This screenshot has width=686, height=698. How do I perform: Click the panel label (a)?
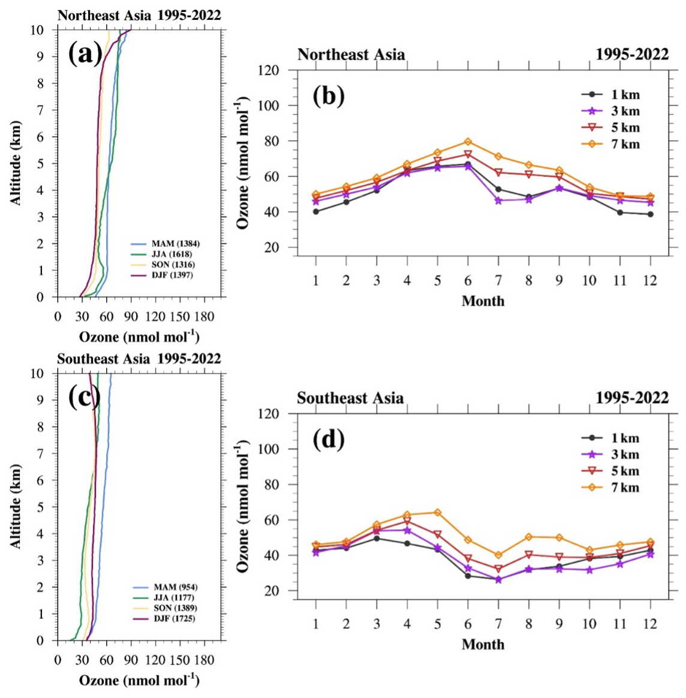85,55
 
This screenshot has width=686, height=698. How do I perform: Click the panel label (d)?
328,440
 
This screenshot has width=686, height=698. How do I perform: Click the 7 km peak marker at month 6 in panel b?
468,142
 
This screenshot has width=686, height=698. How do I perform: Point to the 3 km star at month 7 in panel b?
498,200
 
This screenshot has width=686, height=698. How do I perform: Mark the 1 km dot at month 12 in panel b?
650,214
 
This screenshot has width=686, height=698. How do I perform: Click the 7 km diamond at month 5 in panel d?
437,513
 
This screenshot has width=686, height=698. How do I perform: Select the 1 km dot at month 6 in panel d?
468,576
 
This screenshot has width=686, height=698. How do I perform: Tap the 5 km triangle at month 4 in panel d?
407,522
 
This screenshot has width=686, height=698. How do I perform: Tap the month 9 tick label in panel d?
559,624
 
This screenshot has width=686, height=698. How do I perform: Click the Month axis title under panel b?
483,301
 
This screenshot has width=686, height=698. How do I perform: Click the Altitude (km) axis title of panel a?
16,163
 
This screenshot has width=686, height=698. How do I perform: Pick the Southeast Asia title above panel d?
350,398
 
